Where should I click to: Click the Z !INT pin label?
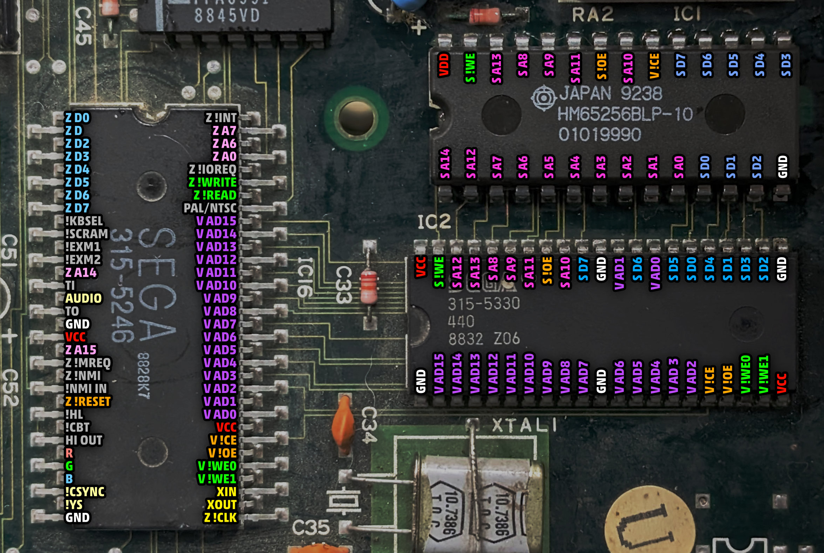[221, 118]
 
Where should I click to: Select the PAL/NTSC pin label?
[210, 208]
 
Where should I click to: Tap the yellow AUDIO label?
[83, 298]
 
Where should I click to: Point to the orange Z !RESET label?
[88, 401]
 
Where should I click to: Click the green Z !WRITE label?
[212, 182]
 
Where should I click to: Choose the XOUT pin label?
[221, 505]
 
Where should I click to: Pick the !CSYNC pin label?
[85, 492]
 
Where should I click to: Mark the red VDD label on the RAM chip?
[444, 65]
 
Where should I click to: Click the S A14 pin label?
[445, 164]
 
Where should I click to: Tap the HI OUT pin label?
[84, 440]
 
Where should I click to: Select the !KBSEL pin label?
[84, 221]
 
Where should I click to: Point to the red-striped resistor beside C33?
[369, 286]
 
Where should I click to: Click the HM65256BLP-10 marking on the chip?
[625, 114]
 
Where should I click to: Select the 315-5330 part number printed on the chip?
[483, 303]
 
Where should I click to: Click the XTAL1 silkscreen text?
[524, 426]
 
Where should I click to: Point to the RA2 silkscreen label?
[593, 15]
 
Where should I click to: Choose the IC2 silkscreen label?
[434, 221]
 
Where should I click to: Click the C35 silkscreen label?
[311, 528]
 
